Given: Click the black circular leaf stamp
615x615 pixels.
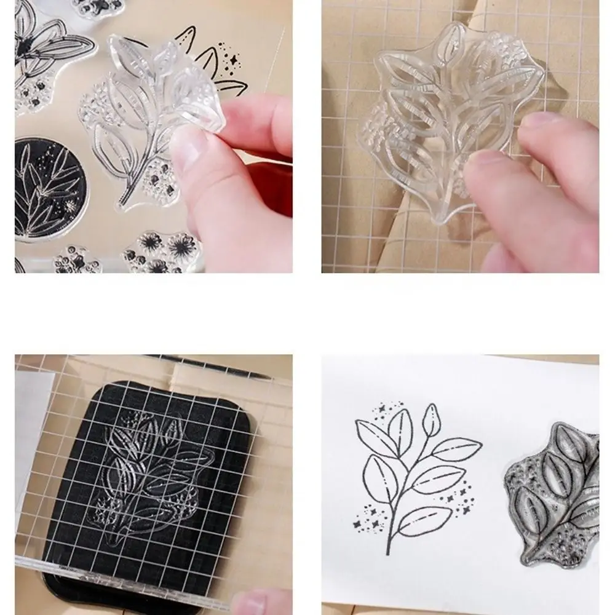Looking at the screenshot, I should tap(49, 188).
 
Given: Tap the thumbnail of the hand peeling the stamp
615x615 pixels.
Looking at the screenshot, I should tap(153, 136).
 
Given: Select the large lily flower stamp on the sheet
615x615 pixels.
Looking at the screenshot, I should tap(46, 46).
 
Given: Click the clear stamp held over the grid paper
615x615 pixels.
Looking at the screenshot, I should tap(449, 117).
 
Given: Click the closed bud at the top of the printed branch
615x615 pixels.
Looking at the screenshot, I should tap(432, 419).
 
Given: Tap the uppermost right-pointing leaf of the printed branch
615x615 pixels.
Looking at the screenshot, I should tap(456, 449).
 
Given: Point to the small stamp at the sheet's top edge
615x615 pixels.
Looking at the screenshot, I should tap(98, 7).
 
